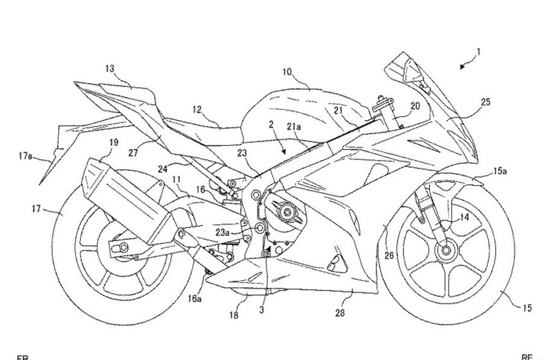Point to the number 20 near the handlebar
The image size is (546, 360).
[x=414, y=106]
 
